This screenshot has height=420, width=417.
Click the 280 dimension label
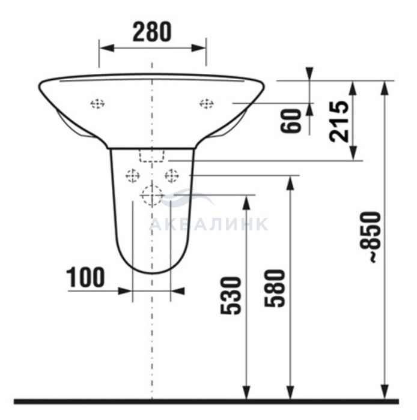[x=152, y=32]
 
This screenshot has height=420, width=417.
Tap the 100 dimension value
[x=85, y=277]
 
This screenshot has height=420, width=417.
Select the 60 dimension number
[x=291, y=121]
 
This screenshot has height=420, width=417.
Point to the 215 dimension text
[x=339, y=121]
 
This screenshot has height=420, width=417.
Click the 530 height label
[x=231, y=295]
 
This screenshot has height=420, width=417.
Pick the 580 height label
[x=274, y=288]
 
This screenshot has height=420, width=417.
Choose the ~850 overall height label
[x=374, y=236]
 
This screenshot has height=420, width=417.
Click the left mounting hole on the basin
[x=97, y=103]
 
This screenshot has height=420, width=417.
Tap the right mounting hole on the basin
[x=207, y=103]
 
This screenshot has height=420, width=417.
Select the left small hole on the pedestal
[x=133, y=176]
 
